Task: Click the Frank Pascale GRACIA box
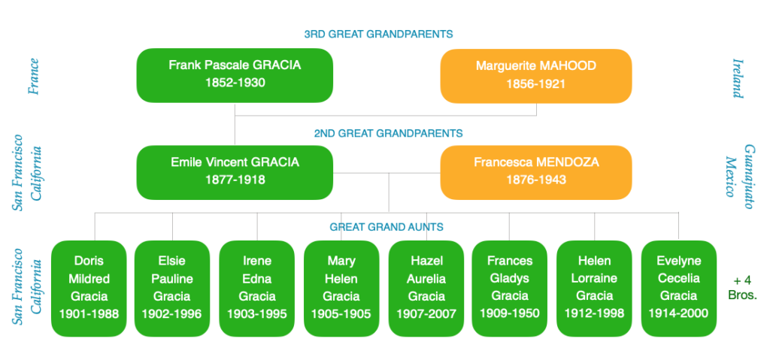tap(235, 75)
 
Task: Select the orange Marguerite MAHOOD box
tap(535, 76)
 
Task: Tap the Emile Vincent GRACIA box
tap(235, 172)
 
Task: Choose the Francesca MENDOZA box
tap(535, 172)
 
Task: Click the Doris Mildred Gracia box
tap(89, 289)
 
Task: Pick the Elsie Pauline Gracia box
tap(172, 289)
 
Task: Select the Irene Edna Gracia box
tap(257, 289)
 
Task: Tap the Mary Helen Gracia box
tap(341, 289)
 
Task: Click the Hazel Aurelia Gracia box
tap(426, 289)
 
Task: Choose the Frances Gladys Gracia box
tap(510, 289)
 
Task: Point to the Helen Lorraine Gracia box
tap(594, 289)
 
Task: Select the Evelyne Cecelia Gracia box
tap(679, 289)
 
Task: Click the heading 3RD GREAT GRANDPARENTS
tap(378, 35)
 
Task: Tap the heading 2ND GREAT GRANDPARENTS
tap(389, 133)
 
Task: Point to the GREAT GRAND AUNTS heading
tap(387, 227)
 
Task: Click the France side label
tap(34, 76)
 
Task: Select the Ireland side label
tap(738, 78)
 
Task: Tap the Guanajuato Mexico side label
tap(740, 177)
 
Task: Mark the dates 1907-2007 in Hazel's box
tap(426, 313)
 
